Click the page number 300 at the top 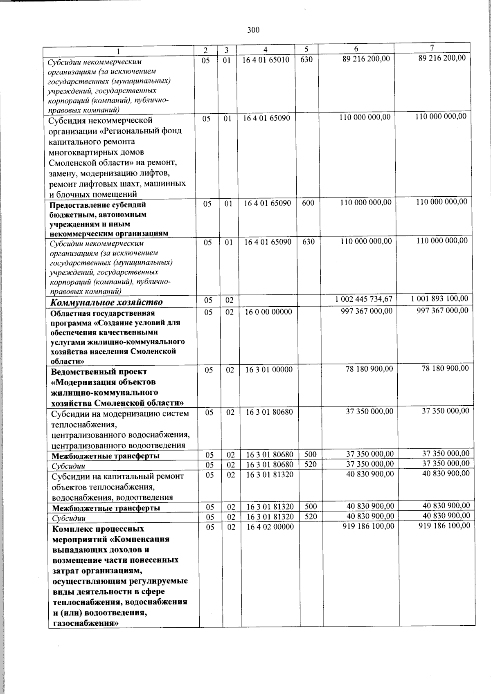click(x=253, y=29)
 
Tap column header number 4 click(x=266, y=50)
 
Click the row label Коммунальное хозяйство click(x=106, y=302)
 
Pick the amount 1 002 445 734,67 click(x=363, y=299)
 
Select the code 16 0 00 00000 click(x=268, y=312)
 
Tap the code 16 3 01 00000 click(x=269, y=370)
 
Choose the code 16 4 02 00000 click(x=270, y=527)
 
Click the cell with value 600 click(x=308, y=203)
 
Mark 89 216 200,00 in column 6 click(x=366, y=59)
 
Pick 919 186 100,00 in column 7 click(x=444, y=526)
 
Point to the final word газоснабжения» click(x=86, y=624)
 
